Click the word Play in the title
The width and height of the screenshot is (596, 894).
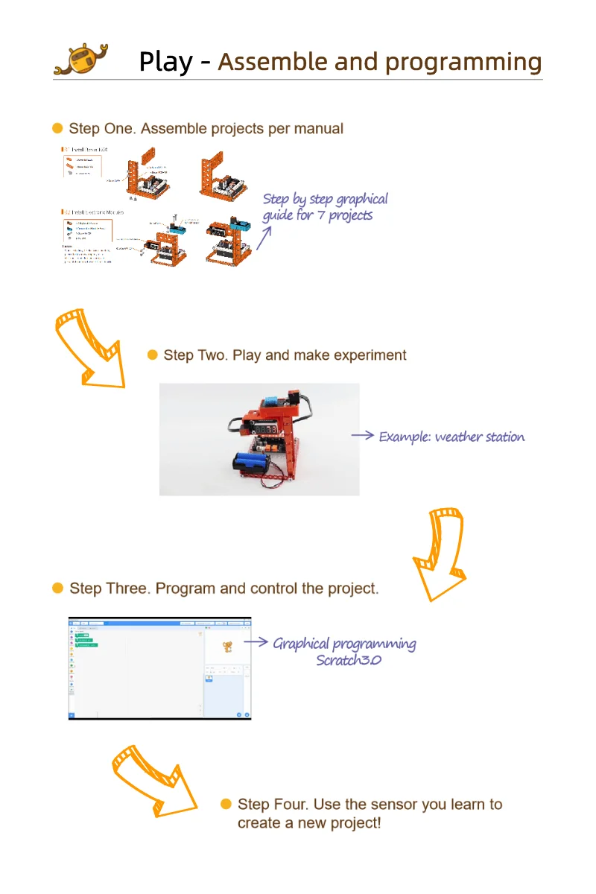point(165,62)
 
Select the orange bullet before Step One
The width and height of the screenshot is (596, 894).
point(57,129)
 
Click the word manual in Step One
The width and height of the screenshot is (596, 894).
point(318,129)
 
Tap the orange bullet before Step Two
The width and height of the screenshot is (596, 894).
point(152,355)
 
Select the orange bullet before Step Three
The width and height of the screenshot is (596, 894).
point(57,589)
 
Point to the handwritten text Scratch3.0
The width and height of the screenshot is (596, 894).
point(348,660)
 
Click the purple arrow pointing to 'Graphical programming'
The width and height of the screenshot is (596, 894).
point(256,641)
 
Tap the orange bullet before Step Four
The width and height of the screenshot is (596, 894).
point(226,805)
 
